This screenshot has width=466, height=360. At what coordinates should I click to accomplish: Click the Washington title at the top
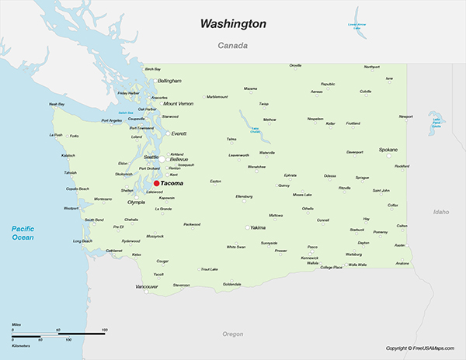tap(233, 24)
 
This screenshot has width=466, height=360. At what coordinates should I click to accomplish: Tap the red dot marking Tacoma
tap(156, 184)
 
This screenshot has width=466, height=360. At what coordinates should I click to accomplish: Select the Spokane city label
tap(388, 149)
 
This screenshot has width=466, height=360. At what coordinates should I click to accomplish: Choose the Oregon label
tap(233, 334)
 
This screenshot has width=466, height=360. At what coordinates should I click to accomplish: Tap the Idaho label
tap(441, 211)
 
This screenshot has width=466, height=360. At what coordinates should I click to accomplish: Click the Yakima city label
tap(258, 227)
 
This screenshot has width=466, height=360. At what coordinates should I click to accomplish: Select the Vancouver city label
tap(147, 286)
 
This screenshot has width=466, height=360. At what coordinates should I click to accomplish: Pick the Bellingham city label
tap(169, 81)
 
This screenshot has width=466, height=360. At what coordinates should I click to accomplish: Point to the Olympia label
tap(136, 202)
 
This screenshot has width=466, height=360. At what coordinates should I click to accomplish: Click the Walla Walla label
tap(357, 265)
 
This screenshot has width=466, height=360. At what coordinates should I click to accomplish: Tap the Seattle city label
tap(151, 157)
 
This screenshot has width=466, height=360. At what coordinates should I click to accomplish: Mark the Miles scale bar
tap(59, 333)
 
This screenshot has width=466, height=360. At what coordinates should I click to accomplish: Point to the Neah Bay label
tap(57, 104)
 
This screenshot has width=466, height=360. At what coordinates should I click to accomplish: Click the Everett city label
tap(179, 133)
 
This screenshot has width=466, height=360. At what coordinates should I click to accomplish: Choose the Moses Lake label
tap(302, 194)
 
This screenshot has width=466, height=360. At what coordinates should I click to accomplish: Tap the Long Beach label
tap(82, 241)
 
